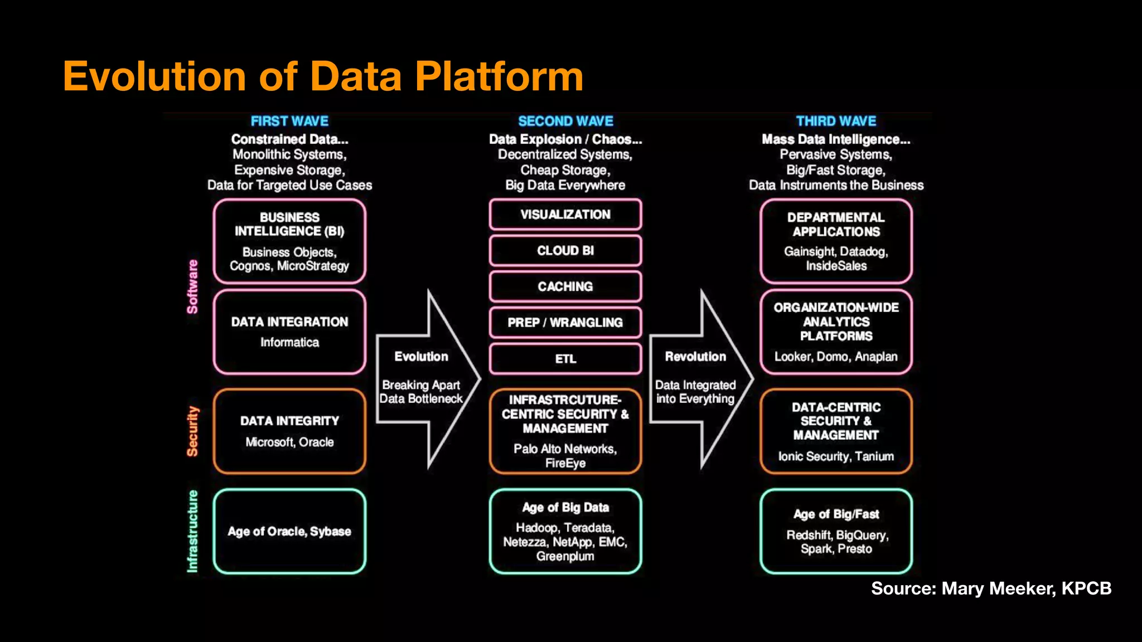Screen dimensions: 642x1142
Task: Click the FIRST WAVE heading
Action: [x=289, y=121]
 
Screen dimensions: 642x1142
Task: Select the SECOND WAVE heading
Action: [x=565, y=121]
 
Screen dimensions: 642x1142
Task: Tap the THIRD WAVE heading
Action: [x=836, y=121]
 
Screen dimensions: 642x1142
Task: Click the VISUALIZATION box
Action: [x=565, y=215]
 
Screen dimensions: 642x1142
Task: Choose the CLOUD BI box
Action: [x=565, y=251]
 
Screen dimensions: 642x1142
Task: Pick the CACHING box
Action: [x=565, y=286]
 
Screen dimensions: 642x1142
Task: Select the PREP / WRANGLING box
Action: [x=565, y=323]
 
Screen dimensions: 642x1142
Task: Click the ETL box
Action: [x=565, y=359]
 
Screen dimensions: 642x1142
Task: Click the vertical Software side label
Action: [x=192, y=286]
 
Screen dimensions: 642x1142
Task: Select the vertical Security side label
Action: [x=192, y=431]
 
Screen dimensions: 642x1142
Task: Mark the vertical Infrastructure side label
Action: [x=192, y=531]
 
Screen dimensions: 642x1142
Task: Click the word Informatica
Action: [x=289, y=342]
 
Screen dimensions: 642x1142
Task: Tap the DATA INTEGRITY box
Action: [x=289, y=431]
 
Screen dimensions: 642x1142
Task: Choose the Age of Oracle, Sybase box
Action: [x=289, y=531]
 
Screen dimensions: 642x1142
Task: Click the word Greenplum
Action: [x=565, y=556]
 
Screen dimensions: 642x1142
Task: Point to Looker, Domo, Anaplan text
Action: [x=836, y=357]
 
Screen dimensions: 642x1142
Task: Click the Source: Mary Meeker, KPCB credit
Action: [x=991, y=588]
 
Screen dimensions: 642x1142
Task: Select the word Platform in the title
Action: [x=499, y=76]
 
